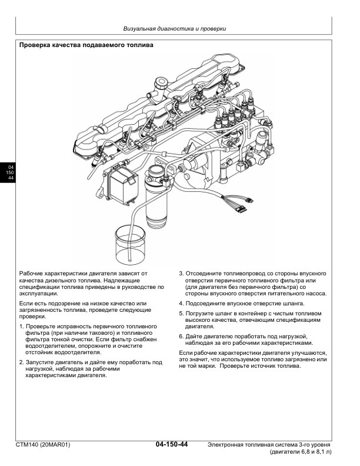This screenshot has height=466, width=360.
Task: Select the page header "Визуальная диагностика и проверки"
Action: click(x=175, y=28)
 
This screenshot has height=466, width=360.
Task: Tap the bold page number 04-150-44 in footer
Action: click(x=172, y=444)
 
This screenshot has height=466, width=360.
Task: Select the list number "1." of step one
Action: click(x=22, y=326)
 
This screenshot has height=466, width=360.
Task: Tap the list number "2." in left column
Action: click(x=22, y=362)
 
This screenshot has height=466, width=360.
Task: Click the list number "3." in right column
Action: click(x=181, y=274)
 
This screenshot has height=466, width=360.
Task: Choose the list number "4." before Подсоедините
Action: click(x=181, y=304)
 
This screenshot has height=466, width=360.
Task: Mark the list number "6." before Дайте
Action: click(x=181, y=336)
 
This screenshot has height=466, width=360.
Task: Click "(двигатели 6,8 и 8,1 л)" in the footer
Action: click(x=300, y=453)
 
